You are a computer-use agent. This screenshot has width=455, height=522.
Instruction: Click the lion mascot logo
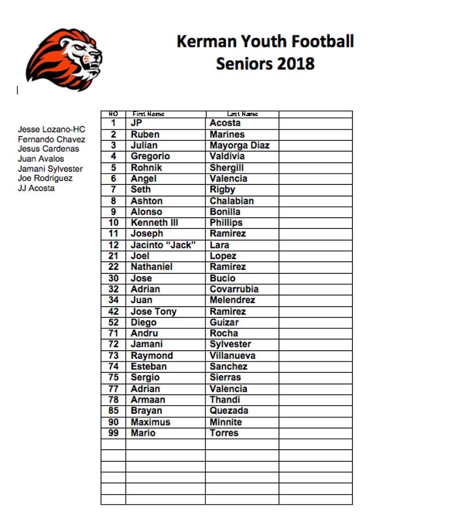(64, 59)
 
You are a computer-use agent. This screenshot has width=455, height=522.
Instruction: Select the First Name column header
(148, 114)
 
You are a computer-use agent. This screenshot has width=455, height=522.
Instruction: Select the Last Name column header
(243, 114)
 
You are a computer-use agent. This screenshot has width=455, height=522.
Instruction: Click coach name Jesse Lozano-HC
(52, 129)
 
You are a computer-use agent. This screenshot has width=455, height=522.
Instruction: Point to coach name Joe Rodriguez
(45, 178)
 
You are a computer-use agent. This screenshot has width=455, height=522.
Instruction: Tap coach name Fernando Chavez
(52, 139)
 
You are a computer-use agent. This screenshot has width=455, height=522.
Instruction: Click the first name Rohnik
(147, 168)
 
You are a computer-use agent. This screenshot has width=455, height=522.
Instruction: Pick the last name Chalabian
(232, 201)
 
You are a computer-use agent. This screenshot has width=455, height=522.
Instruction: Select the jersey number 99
(113, 433)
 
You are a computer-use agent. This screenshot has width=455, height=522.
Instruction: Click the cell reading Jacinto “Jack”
(163, 245)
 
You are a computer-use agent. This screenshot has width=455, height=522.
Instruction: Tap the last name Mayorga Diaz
(240, 146)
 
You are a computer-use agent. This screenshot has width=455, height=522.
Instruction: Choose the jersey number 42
(113, 312)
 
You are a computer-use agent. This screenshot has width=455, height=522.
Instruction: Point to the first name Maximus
(151, 422)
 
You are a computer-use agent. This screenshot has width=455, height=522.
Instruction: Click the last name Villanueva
(233, 356)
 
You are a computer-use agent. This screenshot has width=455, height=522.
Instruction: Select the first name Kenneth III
(155, 223)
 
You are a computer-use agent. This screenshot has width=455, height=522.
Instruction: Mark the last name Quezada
(229, 411)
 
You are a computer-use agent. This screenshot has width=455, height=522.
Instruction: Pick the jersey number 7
(113, 189)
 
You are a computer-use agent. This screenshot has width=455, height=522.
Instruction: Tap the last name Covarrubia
(234, 289)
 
